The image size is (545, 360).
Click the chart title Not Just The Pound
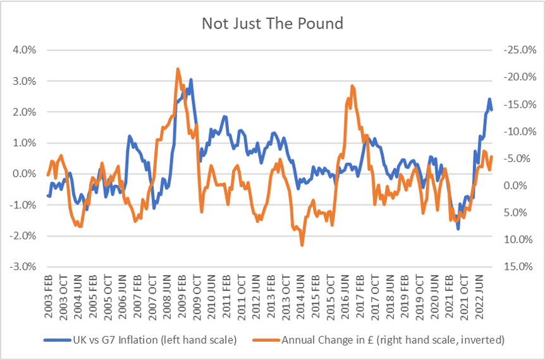pyautogui.click(x=272, y=24)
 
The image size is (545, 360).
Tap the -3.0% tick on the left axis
pyautogui.click(x=20, y=266)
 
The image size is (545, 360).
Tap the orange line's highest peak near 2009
pyautogui.click(x=178, y=68)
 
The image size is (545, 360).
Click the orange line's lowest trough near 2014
pyautogui.click(x=302, y=244)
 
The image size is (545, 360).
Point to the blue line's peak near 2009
pyautogui.click(x=191, y=80)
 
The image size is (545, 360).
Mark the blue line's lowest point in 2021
pyautogui.click(x=458, y=228)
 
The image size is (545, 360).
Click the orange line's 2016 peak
pyautogui.click(x=352, y=85)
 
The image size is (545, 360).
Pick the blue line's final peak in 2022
pyautogui.click(x=489, y=99)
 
